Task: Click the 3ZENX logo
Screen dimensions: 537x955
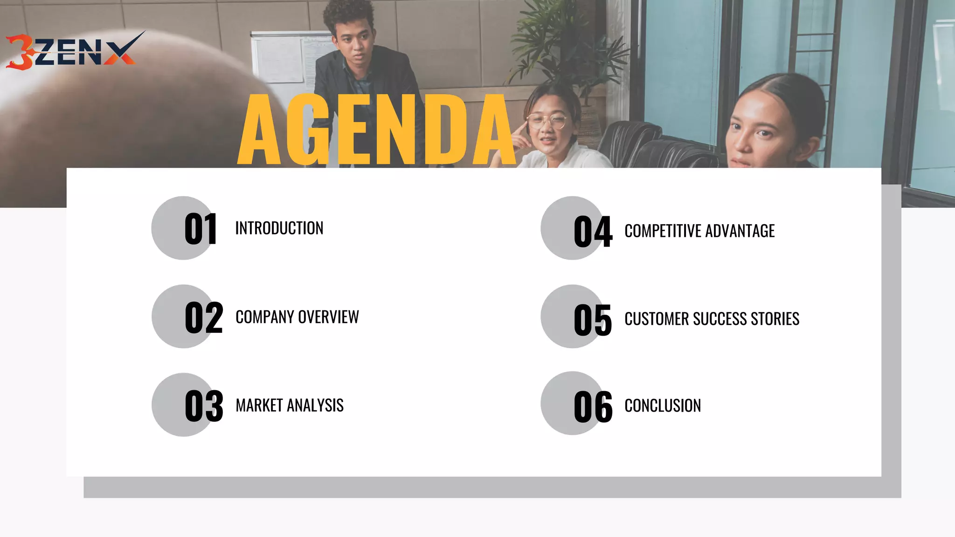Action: pos(72,51)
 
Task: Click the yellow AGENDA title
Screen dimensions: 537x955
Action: pos(377,131)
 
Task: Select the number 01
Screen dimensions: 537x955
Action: pos(201,229)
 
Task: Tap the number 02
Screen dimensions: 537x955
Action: pos(204,317)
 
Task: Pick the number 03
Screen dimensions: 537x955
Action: pos(204,406)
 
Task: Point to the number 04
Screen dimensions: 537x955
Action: pos(593,232)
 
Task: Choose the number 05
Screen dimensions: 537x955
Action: pos(593,320)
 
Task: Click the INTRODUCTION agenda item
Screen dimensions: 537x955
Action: pos(279,228)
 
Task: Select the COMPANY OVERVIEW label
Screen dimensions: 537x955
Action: pos(297,317)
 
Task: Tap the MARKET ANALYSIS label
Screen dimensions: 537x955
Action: pos(290,406)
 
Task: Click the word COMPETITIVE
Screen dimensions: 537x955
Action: pos(662,231)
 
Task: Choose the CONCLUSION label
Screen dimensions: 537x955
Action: pos(663,406)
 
